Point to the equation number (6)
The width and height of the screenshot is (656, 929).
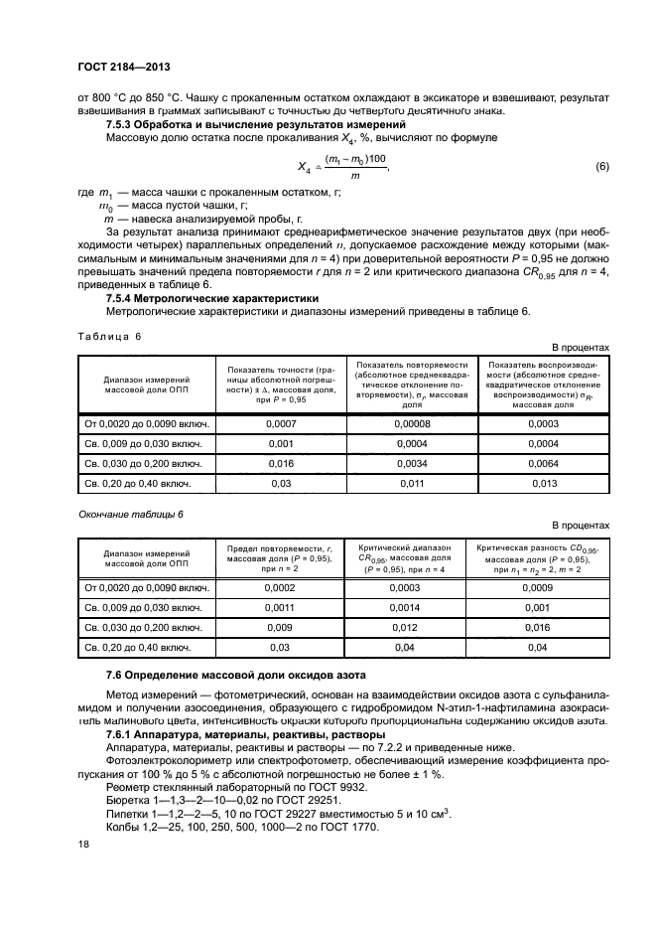[601, 167]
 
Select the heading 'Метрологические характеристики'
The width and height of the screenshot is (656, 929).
[232, 297]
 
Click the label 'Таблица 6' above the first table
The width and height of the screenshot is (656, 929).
[109, 336]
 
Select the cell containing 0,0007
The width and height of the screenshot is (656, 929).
[280, 424]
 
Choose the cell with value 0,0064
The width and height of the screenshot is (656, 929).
[544, 464]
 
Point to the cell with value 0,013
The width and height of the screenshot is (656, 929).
[544, 484]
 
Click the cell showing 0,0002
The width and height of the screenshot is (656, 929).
[280, 588]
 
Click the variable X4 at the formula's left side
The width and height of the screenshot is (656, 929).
[304, 169]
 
